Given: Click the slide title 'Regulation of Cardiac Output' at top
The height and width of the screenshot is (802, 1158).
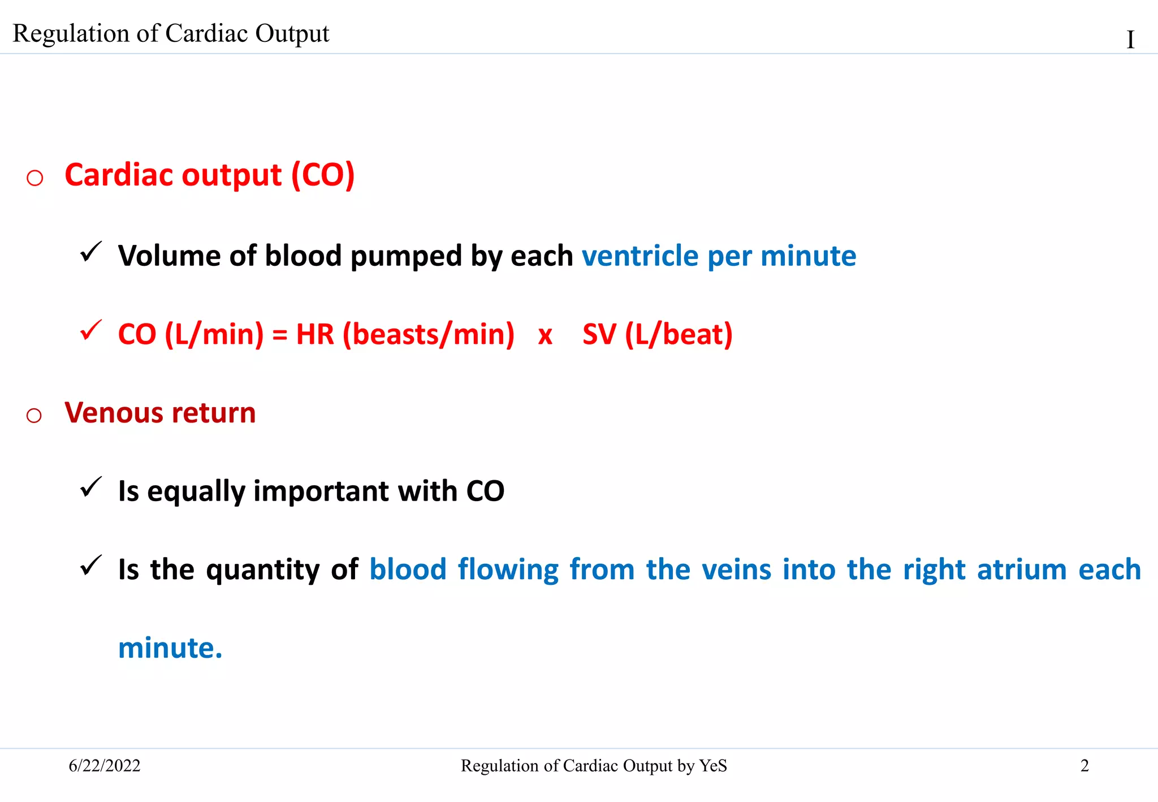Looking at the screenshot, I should [171, 33].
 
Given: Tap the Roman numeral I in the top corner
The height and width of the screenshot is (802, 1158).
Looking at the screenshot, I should [1130, 40].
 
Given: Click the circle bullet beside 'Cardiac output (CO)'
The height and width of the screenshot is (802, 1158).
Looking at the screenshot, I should [35, 178].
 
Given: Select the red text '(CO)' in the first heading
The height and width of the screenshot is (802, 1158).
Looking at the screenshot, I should [323, 175].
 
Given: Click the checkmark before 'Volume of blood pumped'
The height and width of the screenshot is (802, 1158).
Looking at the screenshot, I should [90, 252].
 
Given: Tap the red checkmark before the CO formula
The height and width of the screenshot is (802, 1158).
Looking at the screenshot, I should [90, 330].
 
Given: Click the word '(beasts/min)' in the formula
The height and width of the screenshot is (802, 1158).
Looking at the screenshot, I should [429, 334].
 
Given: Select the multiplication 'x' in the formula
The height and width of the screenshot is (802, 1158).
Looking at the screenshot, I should [545, 335].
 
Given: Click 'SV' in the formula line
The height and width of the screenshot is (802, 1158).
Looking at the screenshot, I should [599, 334].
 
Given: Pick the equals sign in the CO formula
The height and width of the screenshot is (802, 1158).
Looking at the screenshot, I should [280, 335].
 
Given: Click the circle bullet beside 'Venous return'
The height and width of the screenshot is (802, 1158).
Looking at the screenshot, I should [34, 416].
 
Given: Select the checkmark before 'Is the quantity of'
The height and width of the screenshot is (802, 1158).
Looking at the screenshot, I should [90, 566].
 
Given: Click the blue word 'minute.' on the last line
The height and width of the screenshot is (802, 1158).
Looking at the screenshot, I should [170, 648].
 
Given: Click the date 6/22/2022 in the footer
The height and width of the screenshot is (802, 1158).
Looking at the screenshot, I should [105, 766].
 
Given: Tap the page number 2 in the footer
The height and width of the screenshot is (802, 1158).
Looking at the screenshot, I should [1084, 766].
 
